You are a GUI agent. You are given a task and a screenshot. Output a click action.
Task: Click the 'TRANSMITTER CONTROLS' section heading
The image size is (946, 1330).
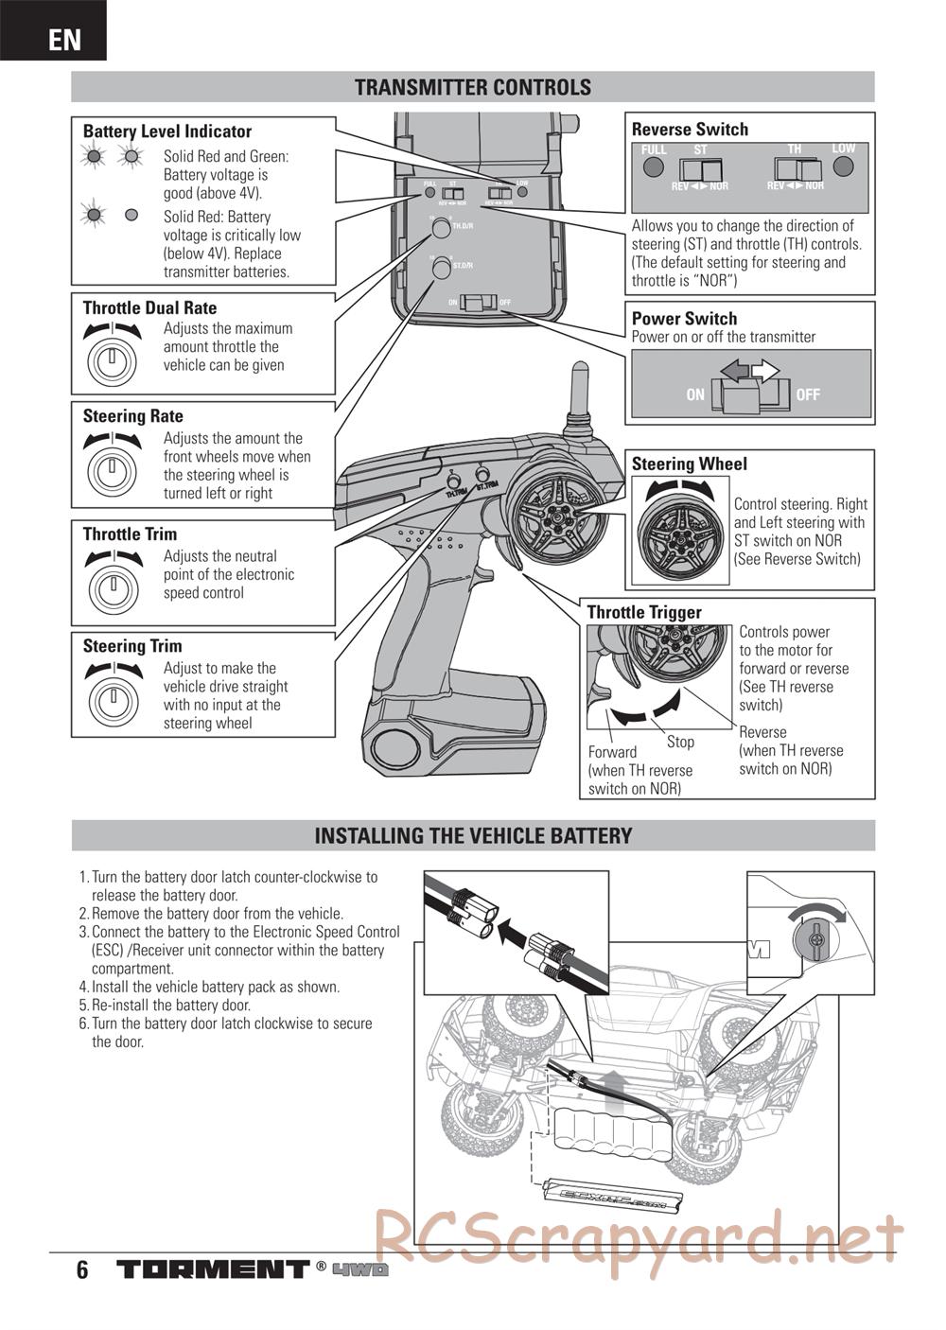473,87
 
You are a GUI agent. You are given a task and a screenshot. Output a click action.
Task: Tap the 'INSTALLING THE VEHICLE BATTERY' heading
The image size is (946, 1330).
473,836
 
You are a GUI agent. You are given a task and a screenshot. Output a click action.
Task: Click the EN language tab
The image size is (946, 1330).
63,40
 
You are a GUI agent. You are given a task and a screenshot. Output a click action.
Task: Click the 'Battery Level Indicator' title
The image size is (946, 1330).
167,131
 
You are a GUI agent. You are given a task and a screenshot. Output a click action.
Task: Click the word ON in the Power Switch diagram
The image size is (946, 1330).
695,394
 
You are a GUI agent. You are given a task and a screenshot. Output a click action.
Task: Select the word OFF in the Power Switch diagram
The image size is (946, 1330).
808,394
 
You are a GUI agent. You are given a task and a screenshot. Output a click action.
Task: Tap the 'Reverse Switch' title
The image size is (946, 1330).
690,130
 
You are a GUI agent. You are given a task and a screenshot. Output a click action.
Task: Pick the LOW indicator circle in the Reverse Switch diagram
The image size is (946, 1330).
844,167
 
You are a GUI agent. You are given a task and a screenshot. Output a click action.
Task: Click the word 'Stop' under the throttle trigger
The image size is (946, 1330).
680,743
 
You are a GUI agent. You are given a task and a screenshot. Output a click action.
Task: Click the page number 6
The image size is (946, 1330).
82,1269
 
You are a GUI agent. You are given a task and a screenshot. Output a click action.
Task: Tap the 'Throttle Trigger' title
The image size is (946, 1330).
644,613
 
